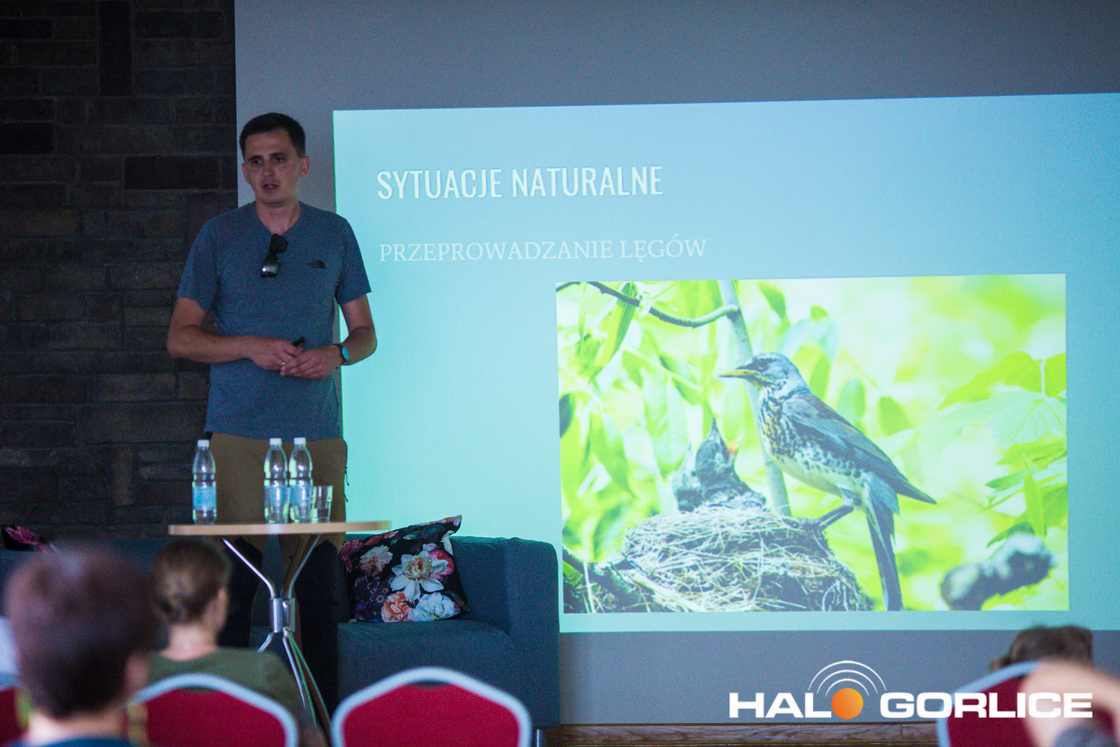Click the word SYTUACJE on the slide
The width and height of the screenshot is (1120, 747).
439,184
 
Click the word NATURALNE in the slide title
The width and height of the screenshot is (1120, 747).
587,182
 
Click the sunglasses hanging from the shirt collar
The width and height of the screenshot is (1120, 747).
273,256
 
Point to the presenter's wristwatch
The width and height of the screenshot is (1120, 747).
343,353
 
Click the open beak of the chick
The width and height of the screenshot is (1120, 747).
732,444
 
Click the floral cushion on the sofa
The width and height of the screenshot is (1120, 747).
406,571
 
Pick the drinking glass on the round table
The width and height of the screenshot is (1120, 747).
323,503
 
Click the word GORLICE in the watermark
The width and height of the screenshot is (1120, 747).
986,705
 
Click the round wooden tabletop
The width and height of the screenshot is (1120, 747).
279,527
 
